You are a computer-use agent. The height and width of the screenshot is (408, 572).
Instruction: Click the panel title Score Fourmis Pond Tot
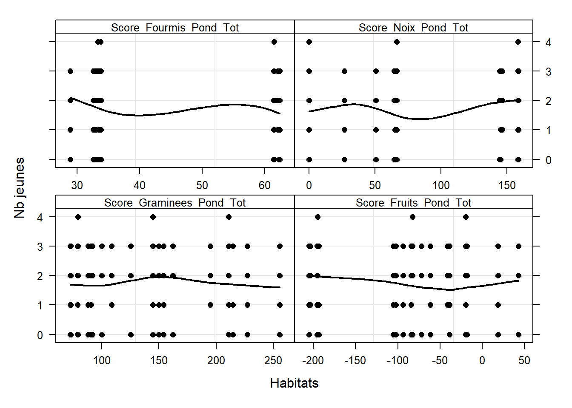pyautogui.click(x=175, y=28)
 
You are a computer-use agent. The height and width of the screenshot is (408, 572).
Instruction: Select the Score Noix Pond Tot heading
pyautogui.click(x=413, y=28)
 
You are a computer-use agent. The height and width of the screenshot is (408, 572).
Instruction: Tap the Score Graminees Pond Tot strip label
pyautogui.click(x=175, y=203)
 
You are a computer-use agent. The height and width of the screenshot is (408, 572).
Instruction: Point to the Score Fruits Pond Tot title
pyautogui.click(x=413, y=203)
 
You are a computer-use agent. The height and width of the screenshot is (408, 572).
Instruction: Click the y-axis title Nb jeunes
pyautogui.click(x=20, y=188)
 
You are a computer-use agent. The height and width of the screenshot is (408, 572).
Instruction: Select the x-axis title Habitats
pyautogui.click(x=294, y=383)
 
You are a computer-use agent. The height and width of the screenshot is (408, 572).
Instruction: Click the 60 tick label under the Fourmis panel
pyautogui.click(x=265, y=185)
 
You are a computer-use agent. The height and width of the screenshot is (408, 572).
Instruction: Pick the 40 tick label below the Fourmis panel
pyautogui.click(x=140, y=185)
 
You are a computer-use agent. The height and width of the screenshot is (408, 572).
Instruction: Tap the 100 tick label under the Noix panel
pyautogui.click(x=441, y=185)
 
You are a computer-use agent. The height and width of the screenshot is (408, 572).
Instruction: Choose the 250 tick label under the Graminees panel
pyautogui.click(x=273, y=360)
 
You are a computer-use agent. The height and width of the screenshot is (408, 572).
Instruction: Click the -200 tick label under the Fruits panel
pyautogui.click(x=313, y=360)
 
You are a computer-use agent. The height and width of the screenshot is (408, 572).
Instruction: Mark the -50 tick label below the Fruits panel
pyautogui.click(x=440, y=360)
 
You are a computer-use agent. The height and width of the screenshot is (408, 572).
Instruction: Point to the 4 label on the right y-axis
pyautogui.click(x=549, y=42)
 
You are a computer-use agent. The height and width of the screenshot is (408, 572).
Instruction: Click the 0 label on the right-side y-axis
pyautogui.click(x=549, y=160)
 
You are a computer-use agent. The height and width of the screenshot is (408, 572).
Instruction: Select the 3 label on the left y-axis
pyautogui.click(x=40, y=246)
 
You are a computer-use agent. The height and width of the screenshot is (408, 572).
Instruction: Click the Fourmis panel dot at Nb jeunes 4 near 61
pyautogui.click(x=274, y=42)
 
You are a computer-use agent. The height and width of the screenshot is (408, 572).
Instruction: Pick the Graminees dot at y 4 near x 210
pyautogui.click(x=229, y=217)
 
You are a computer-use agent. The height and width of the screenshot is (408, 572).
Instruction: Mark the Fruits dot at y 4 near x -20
pyautogui.click(x=466, y=217)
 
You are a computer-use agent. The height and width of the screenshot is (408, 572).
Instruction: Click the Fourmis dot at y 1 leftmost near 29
pyautogui.click(x=71, y=130)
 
